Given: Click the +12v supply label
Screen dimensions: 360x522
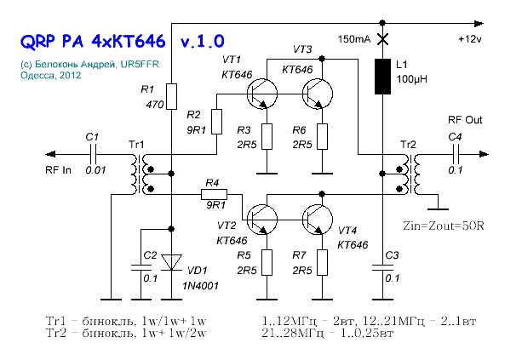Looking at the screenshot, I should (470, 40).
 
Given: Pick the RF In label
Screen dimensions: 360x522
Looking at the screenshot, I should (62, 169).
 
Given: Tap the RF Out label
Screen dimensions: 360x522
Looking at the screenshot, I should (465, 121).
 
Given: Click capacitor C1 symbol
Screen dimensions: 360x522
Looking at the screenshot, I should (95, 154).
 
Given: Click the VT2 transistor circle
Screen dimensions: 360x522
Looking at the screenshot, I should (262, 220).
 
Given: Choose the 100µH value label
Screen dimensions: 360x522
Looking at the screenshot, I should (412, 79).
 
